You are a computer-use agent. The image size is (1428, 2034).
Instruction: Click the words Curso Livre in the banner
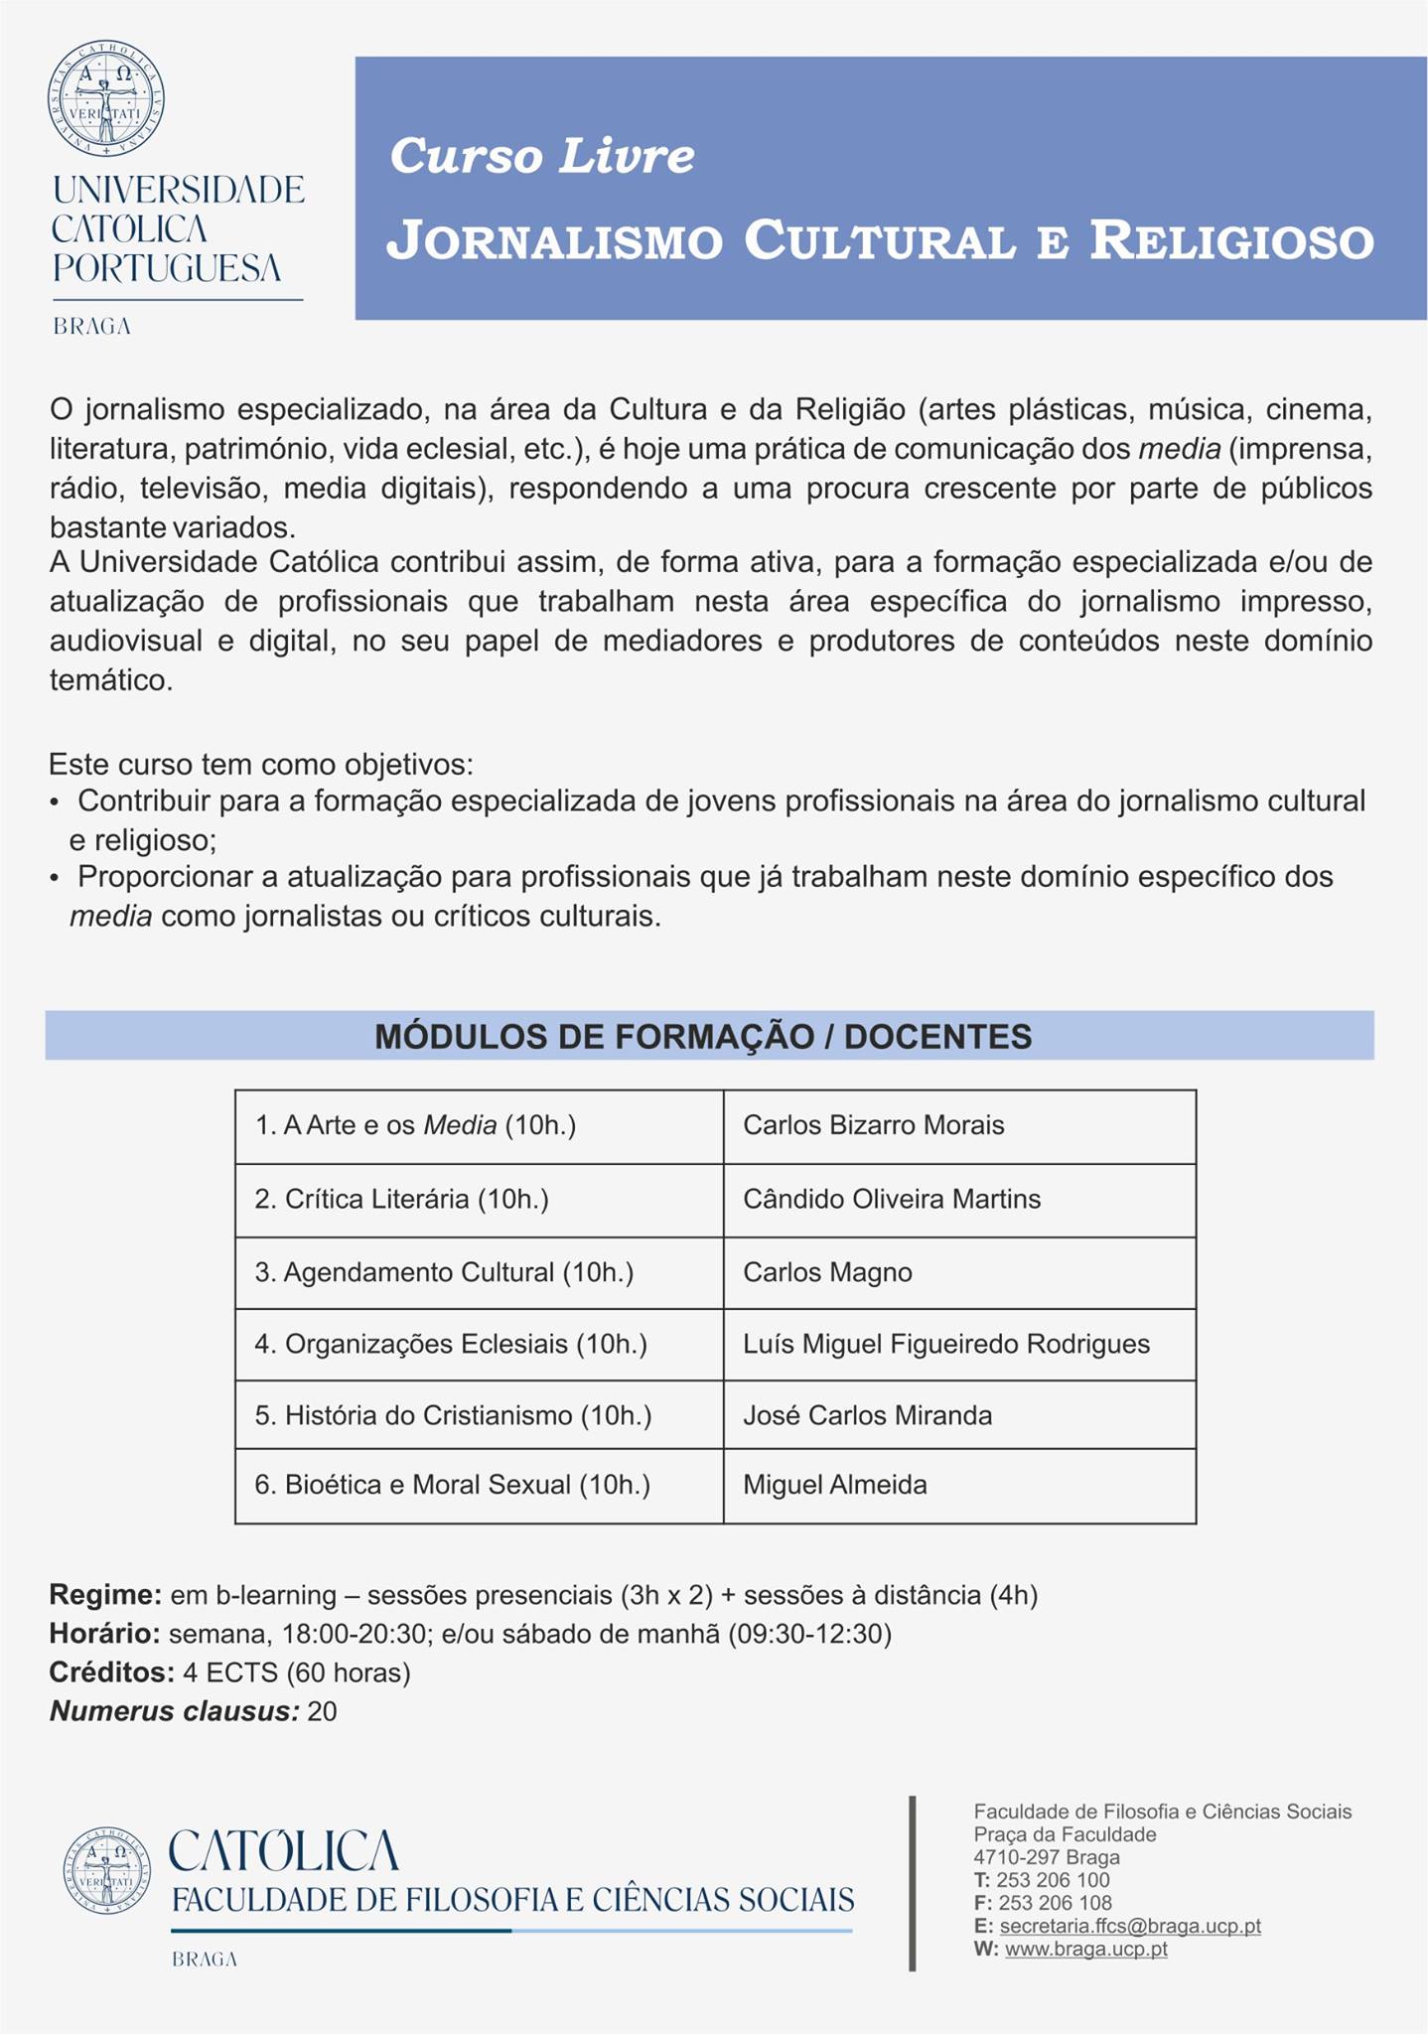(x=542, y=156)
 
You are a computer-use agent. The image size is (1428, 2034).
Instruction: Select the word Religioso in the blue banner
(x=1231, y=241)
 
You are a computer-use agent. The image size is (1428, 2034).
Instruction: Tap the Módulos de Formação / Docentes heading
(x=703, y=1036)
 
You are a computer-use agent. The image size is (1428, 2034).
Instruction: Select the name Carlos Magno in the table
(x=827, y=1272)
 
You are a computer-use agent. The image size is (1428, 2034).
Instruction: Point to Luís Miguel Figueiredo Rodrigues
(x=946, y=1344)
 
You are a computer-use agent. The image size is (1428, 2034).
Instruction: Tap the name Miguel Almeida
(x=835, y=1485)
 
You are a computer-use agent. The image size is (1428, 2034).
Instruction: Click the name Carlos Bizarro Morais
(x=874, y=1125)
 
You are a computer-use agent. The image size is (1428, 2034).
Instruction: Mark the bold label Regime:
(x=105, y=1595)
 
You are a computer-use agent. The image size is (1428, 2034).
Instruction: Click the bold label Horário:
(x=104, y=1634)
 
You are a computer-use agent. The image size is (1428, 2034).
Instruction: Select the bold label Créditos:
(x=112, y=1672)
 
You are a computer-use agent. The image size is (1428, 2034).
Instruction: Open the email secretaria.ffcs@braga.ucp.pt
(x=1130, y=1926)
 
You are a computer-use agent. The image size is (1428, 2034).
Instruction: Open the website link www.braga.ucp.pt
(x=1086, y=1949)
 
